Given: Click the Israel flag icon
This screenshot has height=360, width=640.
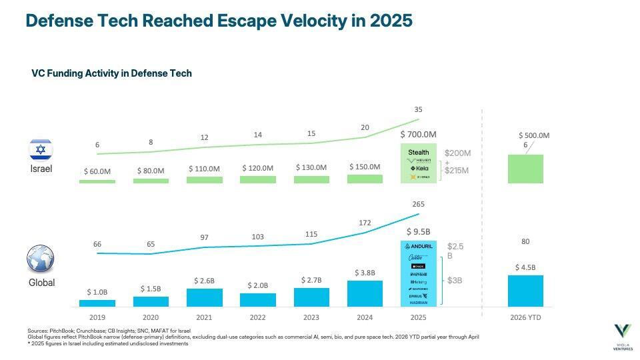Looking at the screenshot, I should point(41,149).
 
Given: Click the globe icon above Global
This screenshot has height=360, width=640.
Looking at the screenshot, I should point(41,259).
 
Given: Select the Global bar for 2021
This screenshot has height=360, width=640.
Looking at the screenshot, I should point(205,297).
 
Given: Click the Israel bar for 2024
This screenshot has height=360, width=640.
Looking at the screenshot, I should point(365,179).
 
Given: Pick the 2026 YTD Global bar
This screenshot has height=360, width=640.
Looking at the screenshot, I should point(525,291).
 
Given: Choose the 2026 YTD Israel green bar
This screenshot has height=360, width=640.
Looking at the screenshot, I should point(525,169).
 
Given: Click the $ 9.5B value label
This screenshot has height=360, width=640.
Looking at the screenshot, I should point(418,232).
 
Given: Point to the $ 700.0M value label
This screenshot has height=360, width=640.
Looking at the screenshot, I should point(418,135).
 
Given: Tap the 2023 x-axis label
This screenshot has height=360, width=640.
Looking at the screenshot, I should point(311,317).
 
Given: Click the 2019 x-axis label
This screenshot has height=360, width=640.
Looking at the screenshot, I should point(97,317).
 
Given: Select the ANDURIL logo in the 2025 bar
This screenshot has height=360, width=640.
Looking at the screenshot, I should point(418,246).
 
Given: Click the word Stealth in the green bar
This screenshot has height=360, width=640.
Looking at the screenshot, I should point(418,152).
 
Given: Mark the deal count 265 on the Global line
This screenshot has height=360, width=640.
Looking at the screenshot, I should point(418,204).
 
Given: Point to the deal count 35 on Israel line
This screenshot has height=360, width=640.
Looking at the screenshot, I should point(418,109).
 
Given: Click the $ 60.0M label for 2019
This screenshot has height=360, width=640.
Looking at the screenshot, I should point(97,171).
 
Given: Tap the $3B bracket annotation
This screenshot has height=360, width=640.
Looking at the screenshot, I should point(455,280).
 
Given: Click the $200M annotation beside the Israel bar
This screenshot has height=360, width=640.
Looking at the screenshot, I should point(457,153).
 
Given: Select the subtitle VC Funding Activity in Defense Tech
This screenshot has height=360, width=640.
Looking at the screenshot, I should point(111,73).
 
